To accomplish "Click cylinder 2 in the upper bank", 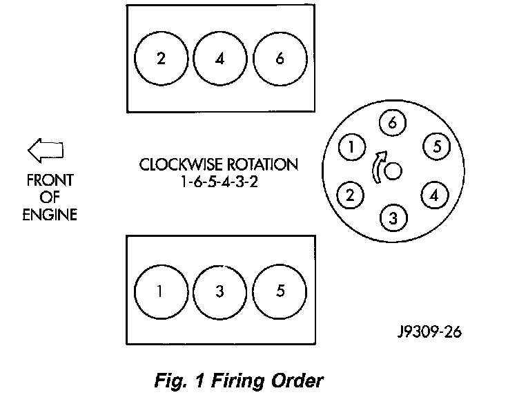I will pos(160,58).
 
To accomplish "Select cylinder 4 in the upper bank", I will pos(219,58).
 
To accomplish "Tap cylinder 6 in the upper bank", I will pos(279,58).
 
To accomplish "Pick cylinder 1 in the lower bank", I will pos(160,291).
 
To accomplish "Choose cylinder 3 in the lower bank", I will pos(219,291).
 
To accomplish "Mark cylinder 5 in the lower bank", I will pos(279,291).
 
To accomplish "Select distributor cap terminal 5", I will pos(436,146).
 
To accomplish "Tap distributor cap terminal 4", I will pos(433,195).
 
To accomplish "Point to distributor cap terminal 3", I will pos(392,219).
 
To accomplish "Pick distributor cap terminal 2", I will pos(350,195).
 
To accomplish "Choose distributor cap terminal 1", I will pos(352,146).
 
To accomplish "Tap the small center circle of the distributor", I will pos(393,171).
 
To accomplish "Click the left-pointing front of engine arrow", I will pos(45,148).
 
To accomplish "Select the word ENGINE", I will pos(49,214).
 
